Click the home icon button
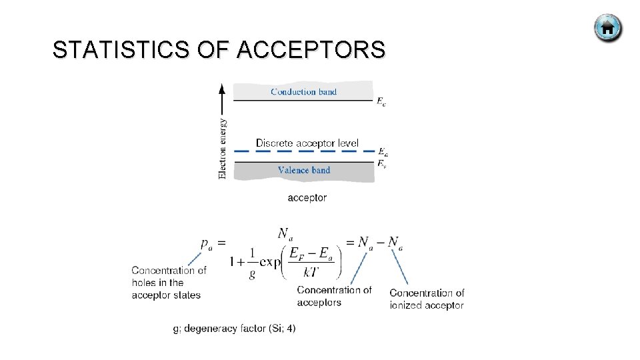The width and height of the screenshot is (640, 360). pyautogui.click(x=607, y=29)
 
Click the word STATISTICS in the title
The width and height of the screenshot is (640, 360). pyautogui.click(x=121, y=50)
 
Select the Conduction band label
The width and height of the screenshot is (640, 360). pyautogui.click(x=304, y=92)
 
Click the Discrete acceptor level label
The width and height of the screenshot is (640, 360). pyautogui.click(x=307, y=143)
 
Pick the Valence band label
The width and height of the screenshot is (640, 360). pyautogui.click(x=304, y=170)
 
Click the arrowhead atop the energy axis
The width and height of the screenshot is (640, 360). pyautogui.click(x=223, y=88)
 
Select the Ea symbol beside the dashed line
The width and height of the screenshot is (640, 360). pyautogui.click(x=382, y=152)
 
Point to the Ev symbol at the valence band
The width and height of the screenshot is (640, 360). pyautogui.click(x=381, y=163)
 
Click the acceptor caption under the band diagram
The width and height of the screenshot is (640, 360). pyautogui.click(x=307, y=197)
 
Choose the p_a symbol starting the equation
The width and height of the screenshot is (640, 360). pyautogui.click(x=207, y=245)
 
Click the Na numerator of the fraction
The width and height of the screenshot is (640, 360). pyautogui.click(x=285, y=233)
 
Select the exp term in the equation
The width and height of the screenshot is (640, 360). pyautogui.click(x=270, y=262)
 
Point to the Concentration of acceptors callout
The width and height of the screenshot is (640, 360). pyautogui.click(x=334, y=296)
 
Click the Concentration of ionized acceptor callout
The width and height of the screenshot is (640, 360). pyautogui.click(x=427, y=299)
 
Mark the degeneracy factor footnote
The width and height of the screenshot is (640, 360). pyautogui.click(x=234, y=329)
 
